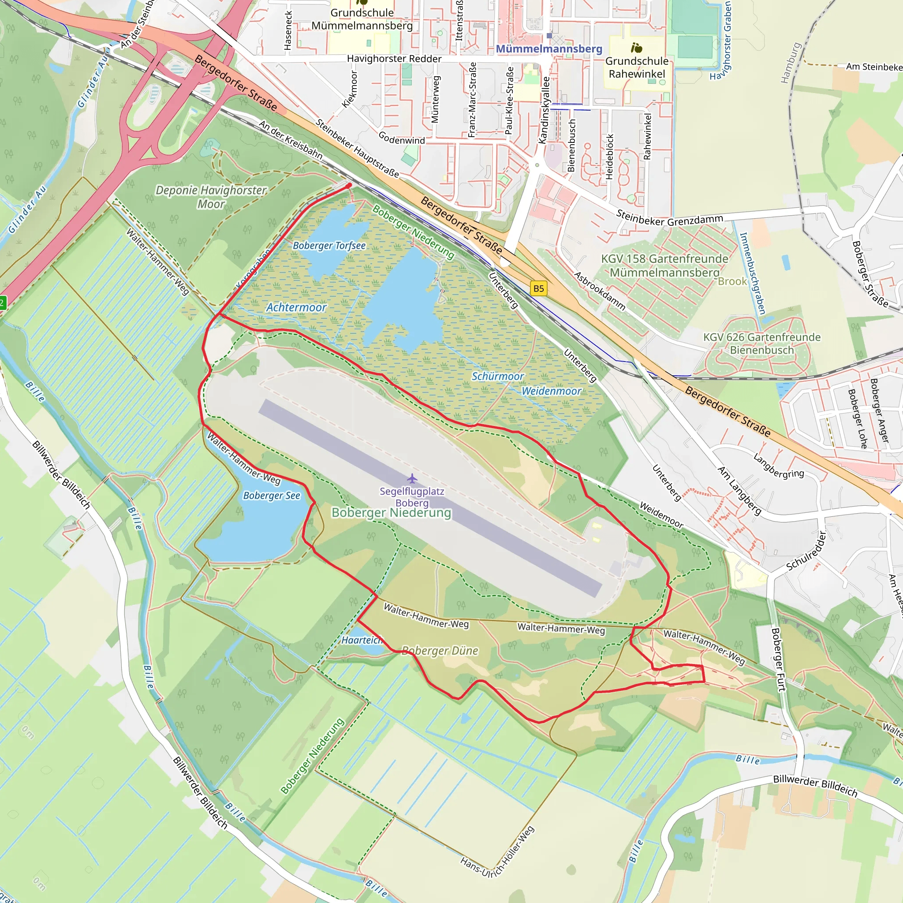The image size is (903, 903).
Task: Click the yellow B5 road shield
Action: point(538,288)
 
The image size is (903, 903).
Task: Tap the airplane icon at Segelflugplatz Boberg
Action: point(412,478)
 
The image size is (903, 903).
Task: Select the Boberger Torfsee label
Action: point(329,246)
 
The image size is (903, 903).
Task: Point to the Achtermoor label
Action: point(296,308)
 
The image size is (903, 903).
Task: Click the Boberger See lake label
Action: point(272,496)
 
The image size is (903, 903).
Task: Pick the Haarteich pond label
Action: point(362,640)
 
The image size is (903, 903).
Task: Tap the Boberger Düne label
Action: point(440,651)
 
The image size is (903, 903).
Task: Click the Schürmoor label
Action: point(497,376)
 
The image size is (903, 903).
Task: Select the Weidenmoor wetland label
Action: point(552,391)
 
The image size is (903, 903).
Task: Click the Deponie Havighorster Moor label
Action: point(211,197)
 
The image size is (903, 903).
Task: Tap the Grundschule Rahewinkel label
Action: point(637,67)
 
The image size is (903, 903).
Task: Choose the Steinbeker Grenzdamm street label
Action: point(669,218)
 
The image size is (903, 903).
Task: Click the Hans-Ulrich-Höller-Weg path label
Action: point(497,852)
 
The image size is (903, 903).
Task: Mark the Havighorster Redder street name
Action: point(394,59)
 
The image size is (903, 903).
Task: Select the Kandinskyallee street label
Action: point(544,110)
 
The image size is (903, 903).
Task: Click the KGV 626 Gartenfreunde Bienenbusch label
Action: point(762,343)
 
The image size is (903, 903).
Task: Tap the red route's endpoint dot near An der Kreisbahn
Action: point(349,186)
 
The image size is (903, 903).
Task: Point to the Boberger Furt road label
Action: point(777,660)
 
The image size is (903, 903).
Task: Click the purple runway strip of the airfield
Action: point(430,498)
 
